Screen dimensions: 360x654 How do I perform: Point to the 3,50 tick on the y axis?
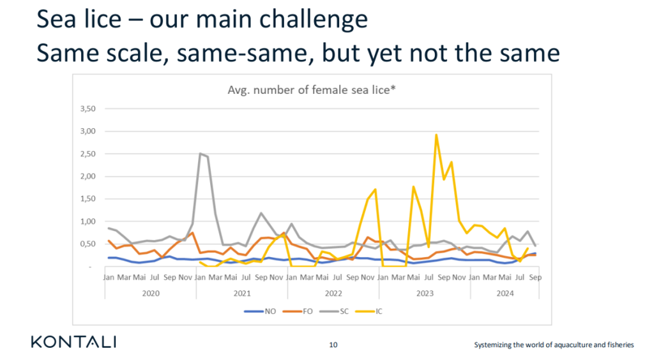(87, 109)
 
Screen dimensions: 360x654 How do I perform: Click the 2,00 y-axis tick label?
(87, 176)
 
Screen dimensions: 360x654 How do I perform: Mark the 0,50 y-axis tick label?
(87, 244)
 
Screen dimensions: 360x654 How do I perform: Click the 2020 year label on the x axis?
(151, 293)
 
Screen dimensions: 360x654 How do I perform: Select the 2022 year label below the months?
(333, 293)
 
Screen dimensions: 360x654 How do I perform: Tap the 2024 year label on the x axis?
(505, 293)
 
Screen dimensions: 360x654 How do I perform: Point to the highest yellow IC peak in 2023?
(436, 135)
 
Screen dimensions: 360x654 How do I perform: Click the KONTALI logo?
(73, 342)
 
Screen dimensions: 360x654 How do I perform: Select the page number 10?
(333, 345)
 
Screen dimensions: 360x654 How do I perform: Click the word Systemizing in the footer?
(493, 345)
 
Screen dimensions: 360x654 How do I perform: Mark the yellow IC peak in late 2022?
(375, 190)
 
